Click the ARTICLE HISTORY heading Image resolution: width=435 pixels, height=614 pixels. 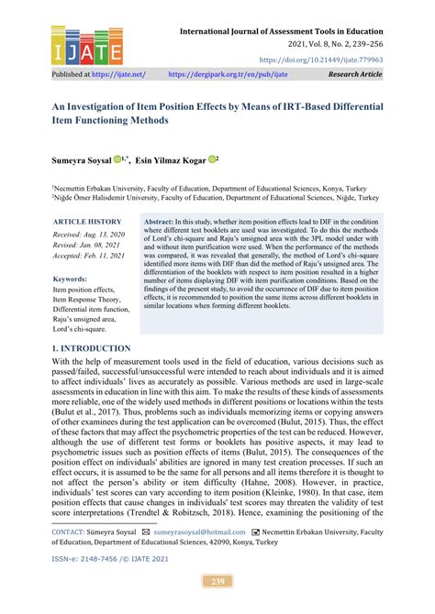86,222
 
